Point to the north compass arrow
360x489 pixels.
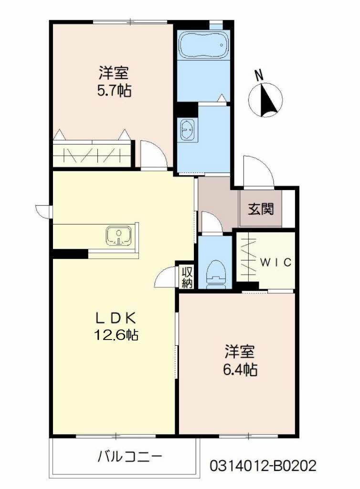pos(266,99)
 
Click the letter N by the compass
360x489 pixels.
pos(259,75)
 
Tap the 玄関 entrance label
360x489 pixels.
pos(261,209)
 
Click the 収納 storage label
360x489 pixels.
pos(187,277)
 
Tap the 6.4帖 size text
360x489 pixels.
pos(241,369)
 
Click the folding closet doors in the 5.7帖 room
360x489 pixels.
pos(92,155)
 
